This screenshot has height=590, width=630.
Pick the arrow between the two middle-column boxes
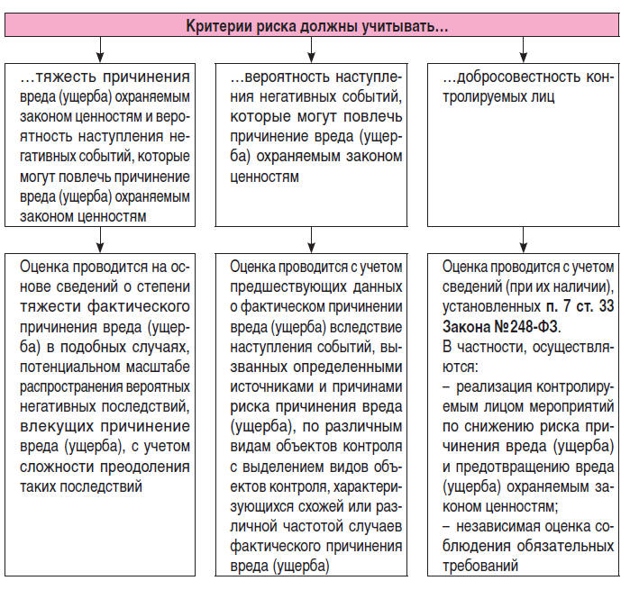tap(312, 237)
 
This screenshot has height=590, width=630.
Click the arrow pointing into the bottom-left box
tap(100, 237)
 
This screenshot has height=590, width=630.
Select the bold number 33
tap(604, 307)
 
